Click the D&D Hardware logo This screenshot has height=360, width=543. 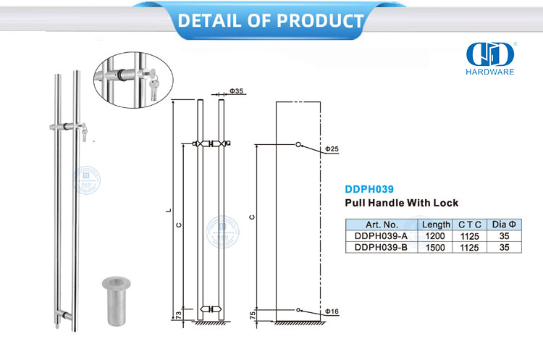pyautogui.click(x=489, y=58)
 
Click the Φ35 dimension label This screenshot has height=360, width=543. pyautogui.click(x=237, y=91)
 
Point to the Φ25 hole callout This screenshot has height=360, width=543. pyautogui.click(x=332, y=149)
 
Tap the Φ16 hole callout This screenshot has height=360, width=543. pyautogui.click(x=332, y=311)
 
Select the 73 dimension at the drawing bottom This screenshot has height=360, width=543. pyautogui.click(x=178, y=315)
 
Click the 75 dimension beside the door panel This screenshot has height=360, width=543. pyautogui.click(x=253, y=315)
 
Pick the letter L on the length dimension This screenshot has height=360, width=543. pyautogui.click(x=169, y=210)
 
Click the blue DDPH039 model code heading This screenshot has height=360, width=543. pyautogui.click(x=369, y=189)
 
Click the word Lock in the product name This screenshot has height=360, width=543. pyautogui.click(x=446, y=203)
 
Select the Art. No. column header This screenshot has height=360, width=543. pyautogui.click(x=382, y=225)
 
